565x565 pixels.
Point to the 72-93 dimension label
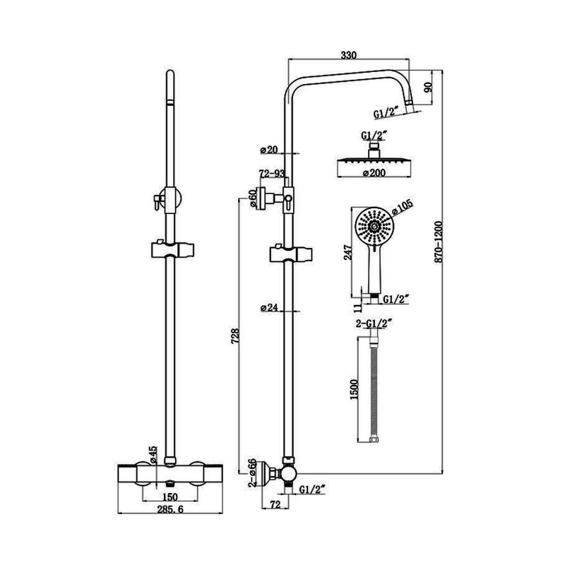click(271, 174)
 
